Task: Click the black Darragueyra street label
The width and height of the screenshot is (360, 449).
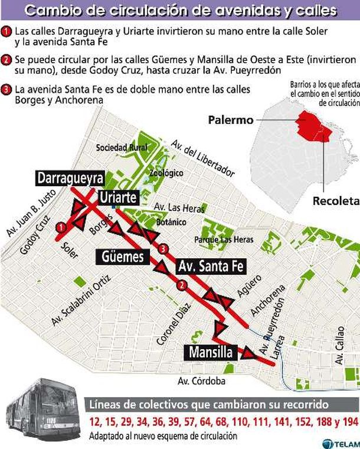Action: coord(70,178)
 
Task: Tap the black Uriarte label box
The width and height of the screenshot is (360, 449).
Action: coord(119,197)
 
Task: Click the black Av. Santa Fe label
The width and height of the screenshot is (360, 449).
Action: coord(210,266)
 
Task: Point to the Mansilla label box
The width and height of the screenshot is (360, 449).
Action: coord(212,353)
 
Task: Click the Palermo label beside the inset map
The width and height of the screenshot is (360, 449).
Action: coord(230,120)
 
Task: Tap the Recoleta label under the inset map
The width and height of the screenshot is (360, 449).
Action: coord(336,201)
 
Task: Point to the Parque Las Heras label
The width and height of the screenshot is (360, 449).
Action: coord(224,239)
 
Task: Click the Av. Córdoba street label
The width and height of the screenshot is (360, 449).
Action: coord(202,381)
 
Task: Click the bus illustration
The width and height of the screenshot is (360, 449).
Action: coord(42,411)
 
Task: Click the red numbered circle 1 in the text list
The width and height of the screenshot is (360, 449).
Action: coord(6,30)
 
